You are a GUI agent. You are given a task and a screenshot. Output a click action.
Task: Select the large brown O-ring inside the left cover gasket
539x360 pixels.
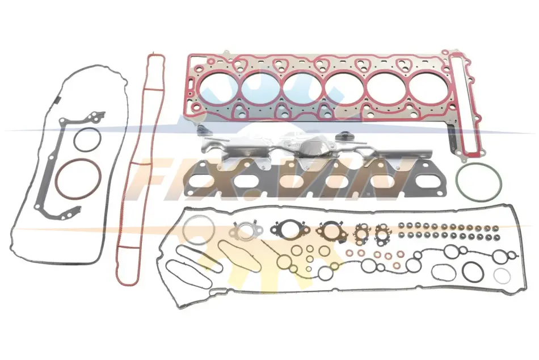[57, 179]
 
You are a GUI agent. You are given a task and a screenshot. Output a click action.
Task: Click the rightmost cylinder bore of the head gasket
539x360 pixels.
[426, 88]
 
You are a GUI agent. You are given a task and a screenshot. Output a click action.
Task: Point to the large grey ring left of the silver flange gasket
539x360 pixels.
[183, 229]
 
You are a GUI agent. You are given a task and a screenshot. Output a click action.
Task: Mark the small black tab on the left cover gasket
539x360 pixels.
[57, 100]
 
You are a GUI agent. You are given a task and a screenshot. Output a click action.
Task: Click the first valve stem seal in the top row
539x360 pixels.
[401, 225]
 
